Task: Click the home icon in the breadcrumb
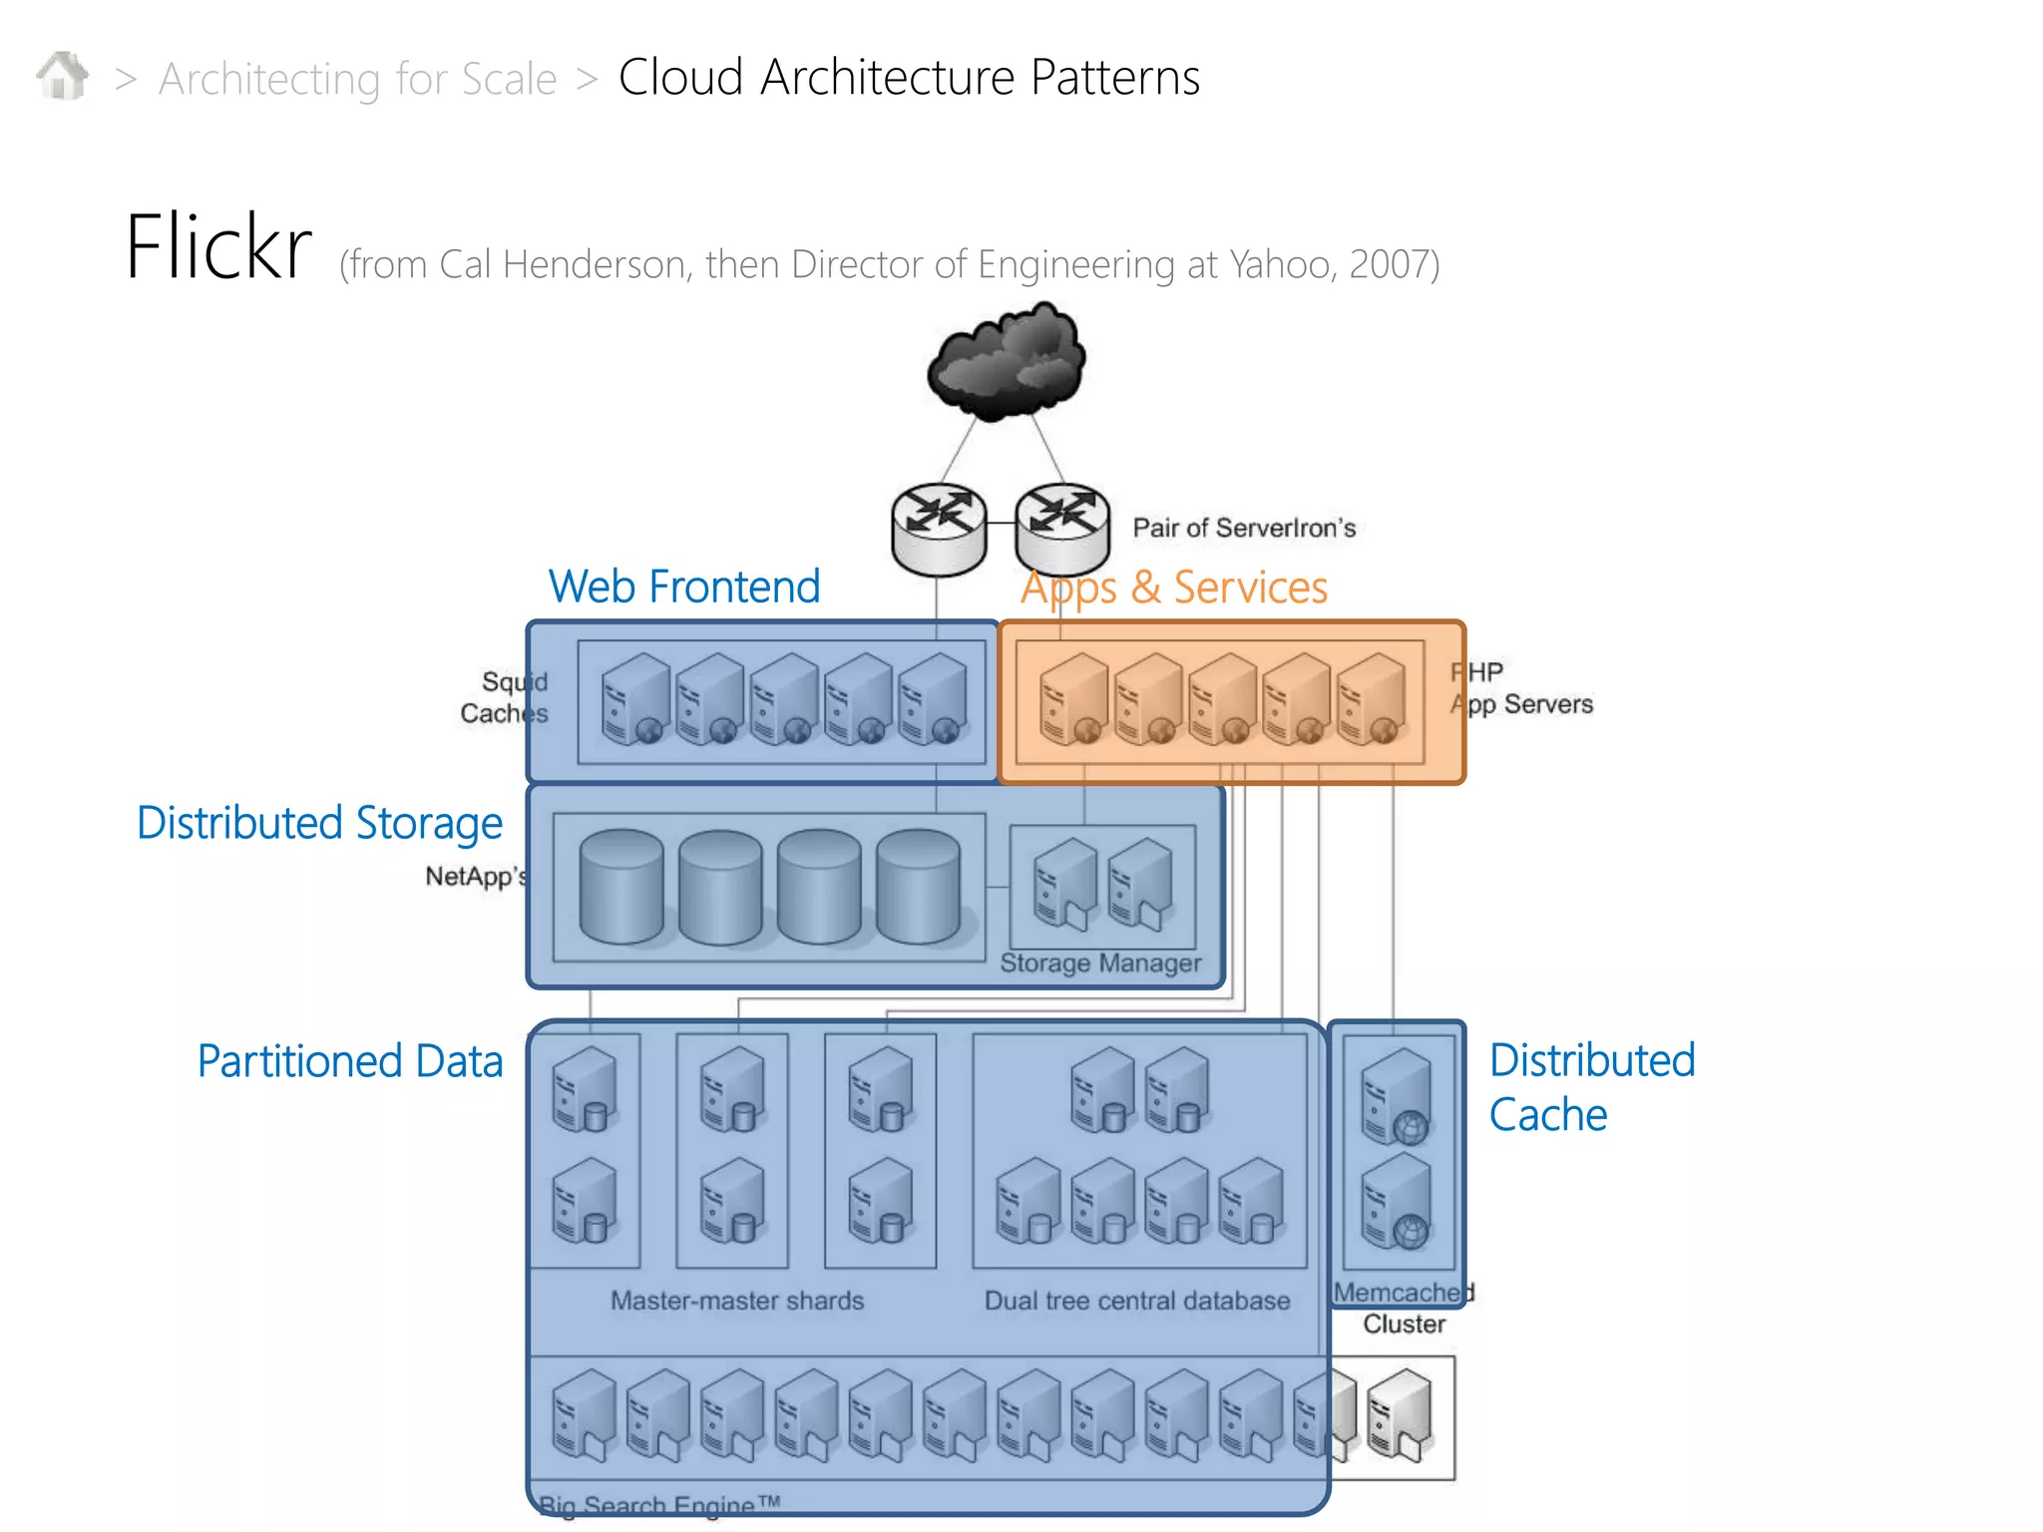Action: (x=63, y=76)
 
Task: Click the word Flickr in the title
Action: (x=218, y=247)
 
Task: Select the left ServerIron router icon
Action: (x=939, y=530)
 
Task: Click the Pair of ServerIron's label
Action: (x=1244, y=528)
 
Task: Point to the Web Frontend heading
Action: (x=684, y=586)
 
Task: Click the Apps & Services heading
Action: (x=1173, y=587)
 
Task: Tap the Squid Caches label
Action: (x=505, y=697)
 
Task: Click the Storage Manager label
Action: (x=1100, y=963)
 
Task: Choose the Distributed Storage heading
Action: (x=319, y=824)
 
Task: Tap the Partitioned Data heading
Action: (x=349, y=1061)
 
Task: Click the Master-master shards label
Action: (x=737, y=1301)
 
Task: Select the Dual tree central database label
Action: (x=1137, y=1301)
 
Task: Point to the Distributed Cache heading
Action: (x=1591, y=1087)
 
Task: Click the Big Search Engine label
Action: (x=659, y=1504)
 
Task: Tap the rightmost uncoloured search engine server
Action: (x=1401, y=1414)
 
